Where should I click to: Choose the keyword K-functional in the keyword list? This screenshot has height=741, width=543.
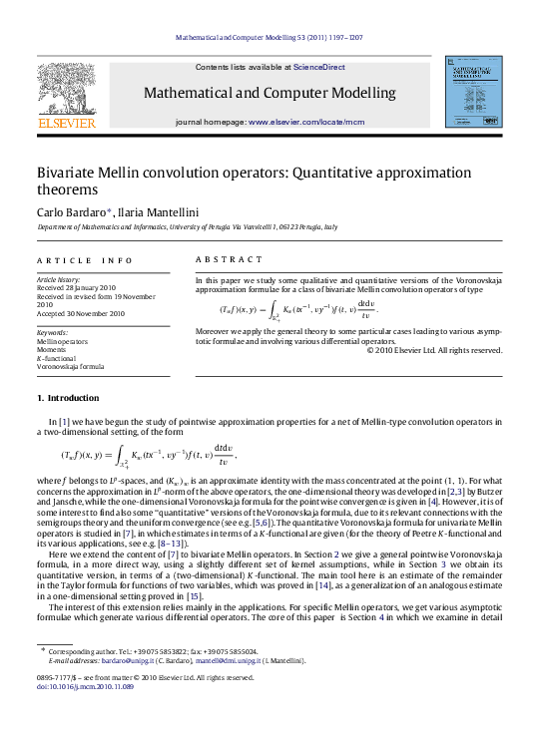(x=59, y=357)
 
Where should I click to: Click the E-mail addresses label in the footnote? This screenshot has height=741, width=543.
(x=79, y=659)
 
